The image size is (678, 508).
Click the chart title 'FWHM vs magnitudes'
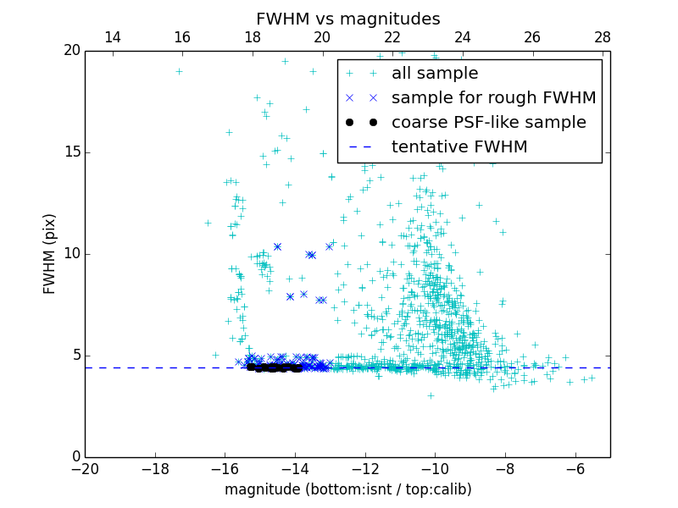coord(347,19)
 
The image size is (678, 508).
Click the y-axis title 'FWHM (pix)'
coord(50,254)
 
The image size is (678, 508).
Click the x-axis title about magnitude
coord(347,489)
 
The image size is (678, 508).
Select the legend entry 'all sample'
coord(434,74)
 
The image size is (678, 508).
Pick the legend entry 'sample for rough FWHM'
coord(493,98)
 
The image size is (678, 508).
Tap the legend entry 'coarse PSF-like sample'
coord(488,123)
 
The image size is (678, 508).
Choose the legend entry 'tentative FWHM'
coord(458,147)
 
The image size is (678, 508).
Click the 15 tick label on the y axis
coord(70,152)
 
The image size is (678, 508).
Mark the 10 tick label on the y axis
coord(70,254)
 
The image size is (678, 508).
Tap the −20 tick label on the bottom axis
coord(85,469)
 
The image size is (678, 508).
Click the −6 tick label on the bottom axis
coord(575,469)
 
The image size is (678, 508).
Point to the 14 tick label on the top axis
coord(112,37)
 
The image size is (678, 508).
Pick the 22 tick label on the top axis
coord(392,37)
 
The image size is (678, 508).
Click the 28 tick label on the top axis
coord(603,37)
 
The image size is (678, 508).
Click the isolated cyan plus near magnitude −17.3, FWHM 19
coord(179,71)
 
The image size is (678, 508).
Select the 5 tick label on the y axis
coord(75,356)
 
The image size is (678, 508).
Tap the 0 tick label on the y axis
coord(75,457)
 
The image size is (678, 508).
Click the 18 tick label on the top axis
coord(253,37)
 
